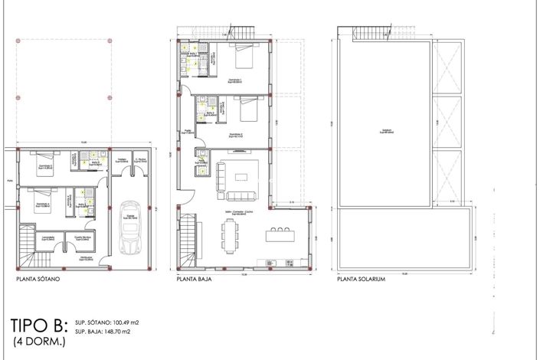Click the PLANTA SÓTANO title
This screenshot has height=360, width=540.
(38, 280)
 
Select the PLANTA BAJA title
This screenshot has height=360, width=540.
(195, 280)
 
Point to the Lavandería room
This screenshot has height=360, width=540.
(47, 241)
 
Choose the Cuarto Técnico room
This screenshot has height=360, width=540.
(83, 241)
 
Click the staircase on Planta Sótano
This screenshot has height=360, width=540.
(26, 244)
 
